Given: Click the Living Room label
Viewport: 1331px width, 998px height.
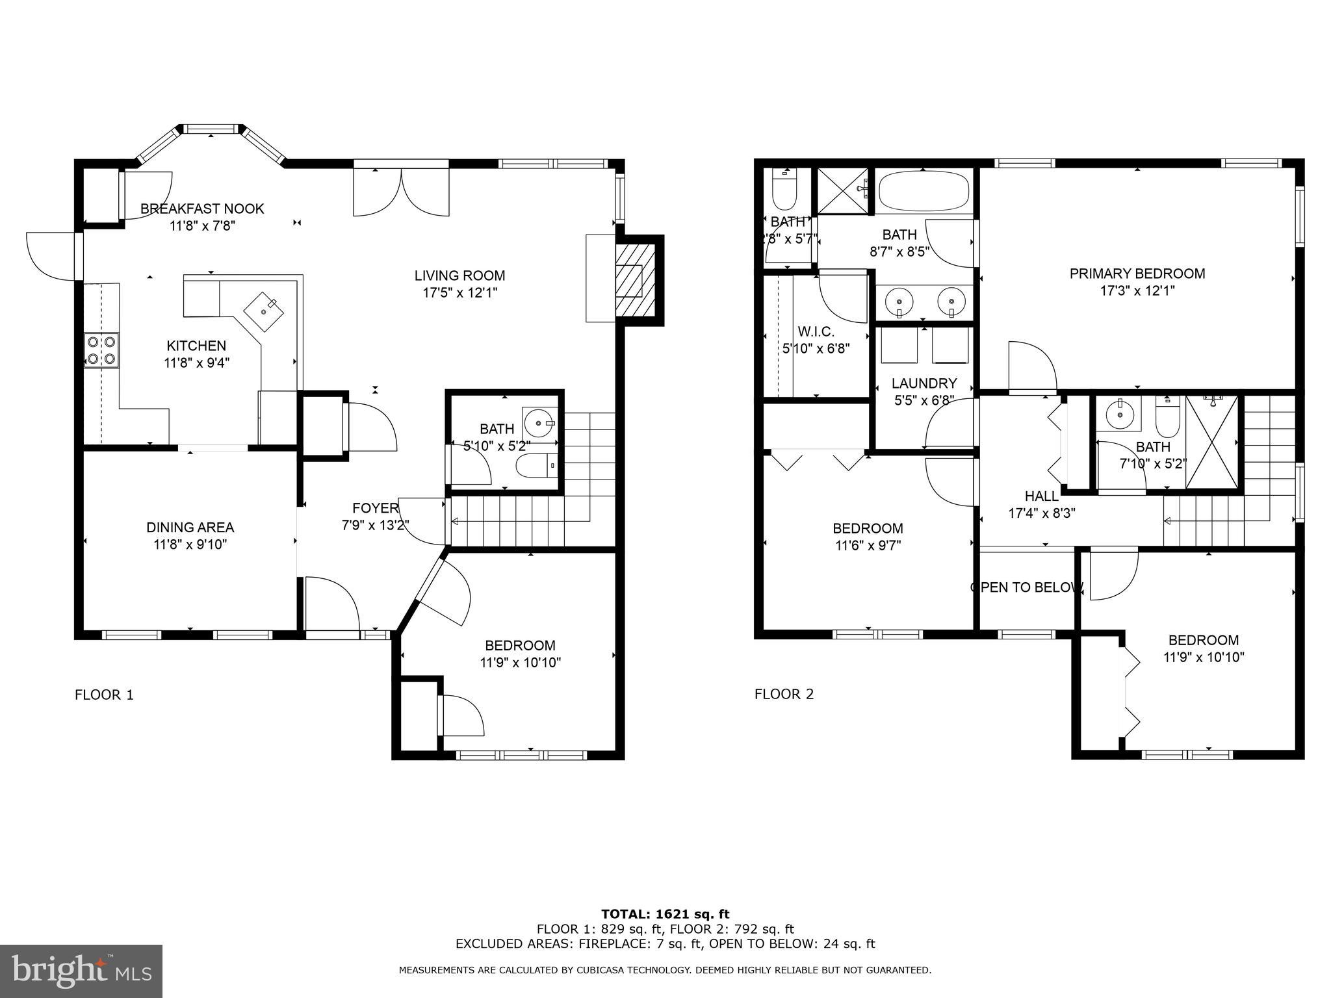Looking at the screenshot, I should (459, 275).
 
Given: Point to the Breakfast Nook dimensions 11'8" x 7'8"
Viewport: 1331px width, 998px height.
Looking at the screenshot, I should (202, 226).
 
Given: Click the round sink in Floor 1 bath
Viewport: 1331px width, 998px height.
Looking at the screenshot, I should (540, 424).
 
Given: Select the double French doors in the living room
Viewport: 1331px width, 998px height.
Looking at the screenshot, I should (401, 192).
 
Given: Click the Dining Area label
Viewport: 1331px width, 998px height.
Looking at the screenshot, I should (190, 528).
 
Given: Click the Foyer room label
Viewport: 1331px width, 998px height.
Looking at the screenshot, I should (375, 508).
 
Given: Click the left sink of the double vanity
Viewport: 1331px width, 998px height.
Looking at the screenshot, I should (899, 302).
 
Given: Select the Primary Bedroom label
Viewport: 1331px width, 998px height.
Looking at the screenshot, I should (1137, 274).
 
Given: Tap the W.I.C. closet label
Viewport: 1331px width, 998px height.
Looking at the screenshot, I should (816, 331).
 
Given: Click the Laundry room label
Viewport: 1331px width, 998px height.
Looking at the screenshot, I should (924, 383).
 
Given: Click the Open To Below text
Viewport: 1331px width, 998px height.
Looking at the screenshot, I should (1026, 587).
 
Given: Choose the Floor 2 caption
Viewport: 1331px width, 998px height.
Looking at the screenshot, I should (784, 694).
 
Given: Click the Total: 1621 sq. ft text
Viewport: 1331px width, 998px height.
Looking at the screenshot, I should (665, 915).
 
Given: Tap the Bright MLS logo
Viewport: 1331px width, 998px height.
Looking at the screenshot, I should (81, 971).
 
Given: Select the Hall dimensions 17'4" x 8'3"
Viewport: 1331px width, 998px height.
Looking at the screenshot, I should (1041, 513).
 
